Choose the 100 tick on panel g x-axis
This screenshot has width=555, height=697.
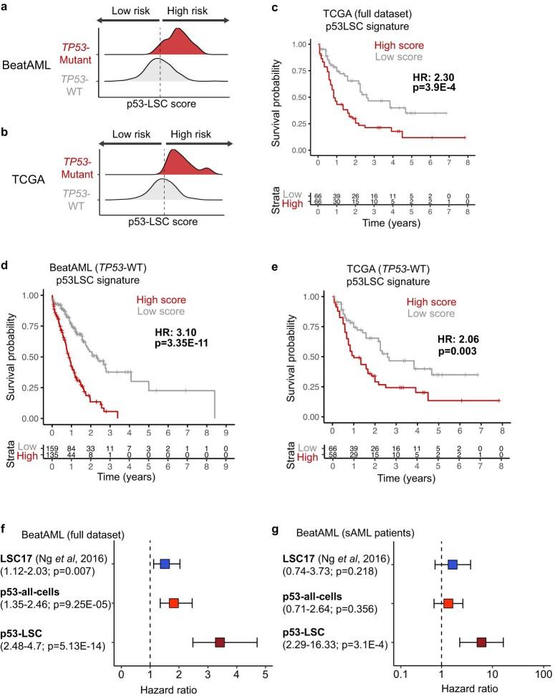(541, 676)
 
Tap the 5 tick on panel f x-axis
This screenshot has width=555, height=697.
(265, 676)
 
